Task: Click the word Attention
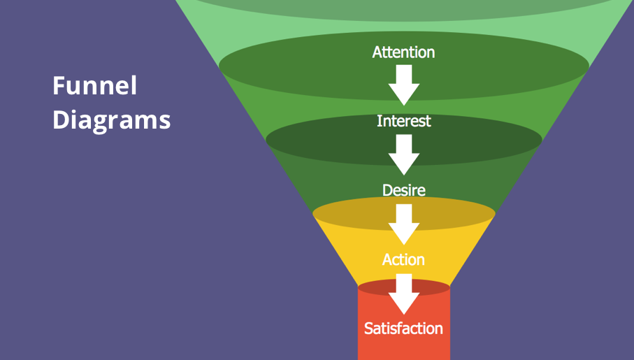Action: [403, 52]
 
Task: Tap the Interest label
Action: [403, 121]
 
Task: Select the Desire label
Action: [403, 190]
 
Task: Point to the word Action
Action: [403, 259]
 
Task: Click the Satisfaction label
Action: [403, 328]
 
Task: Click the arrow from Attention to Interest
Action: [403, 84]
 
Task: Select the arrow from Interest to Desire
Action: [403, 154]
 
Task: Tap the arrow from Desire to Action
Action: [403, 223]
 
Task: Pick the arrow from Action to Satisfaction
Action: [403, 293]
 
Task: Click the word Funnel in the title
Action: [94, 86]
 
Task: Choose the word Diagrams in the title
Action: [111, 120]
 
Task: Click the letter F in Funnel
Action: [59, 86]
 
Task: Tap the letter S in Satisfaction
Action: [369, 328]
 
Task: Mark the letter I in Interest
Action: [379, 121]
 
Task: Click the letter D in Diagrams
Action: [61, 120]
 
